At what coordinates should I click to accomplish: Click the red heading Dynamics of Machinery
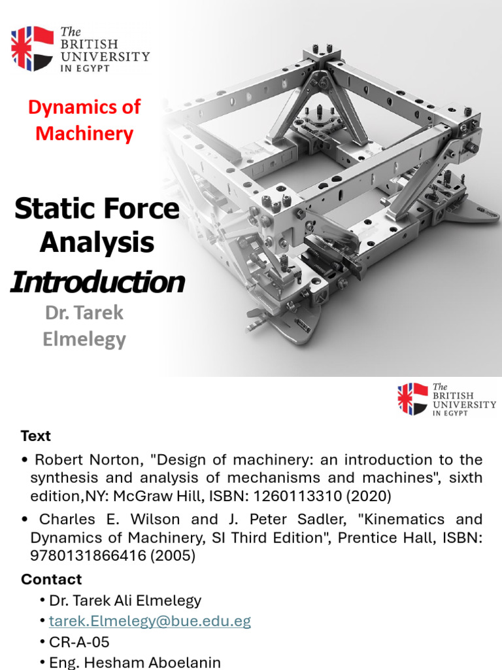pos(84,120)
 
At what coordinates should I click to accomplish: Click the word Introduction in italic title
pos(97,282)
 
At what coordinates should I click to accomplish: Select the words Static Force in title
pos(97,209)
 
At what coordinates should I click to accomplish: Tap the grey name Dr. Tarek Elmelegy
pos(85,326)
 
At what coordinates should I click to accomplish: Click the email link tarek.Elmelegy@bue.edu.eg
pos(150,621)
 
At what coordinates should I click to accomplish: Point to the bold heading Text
pos(36,436)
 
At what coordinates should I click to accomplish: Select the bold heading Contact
pos(52,579)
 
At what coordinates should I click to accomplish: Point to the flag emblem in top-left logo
pos(32,48)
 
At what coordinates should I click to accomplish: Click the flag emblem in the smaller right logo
pos(413,399)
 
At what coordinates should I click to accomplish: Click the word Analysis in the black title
pos(97,243)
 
